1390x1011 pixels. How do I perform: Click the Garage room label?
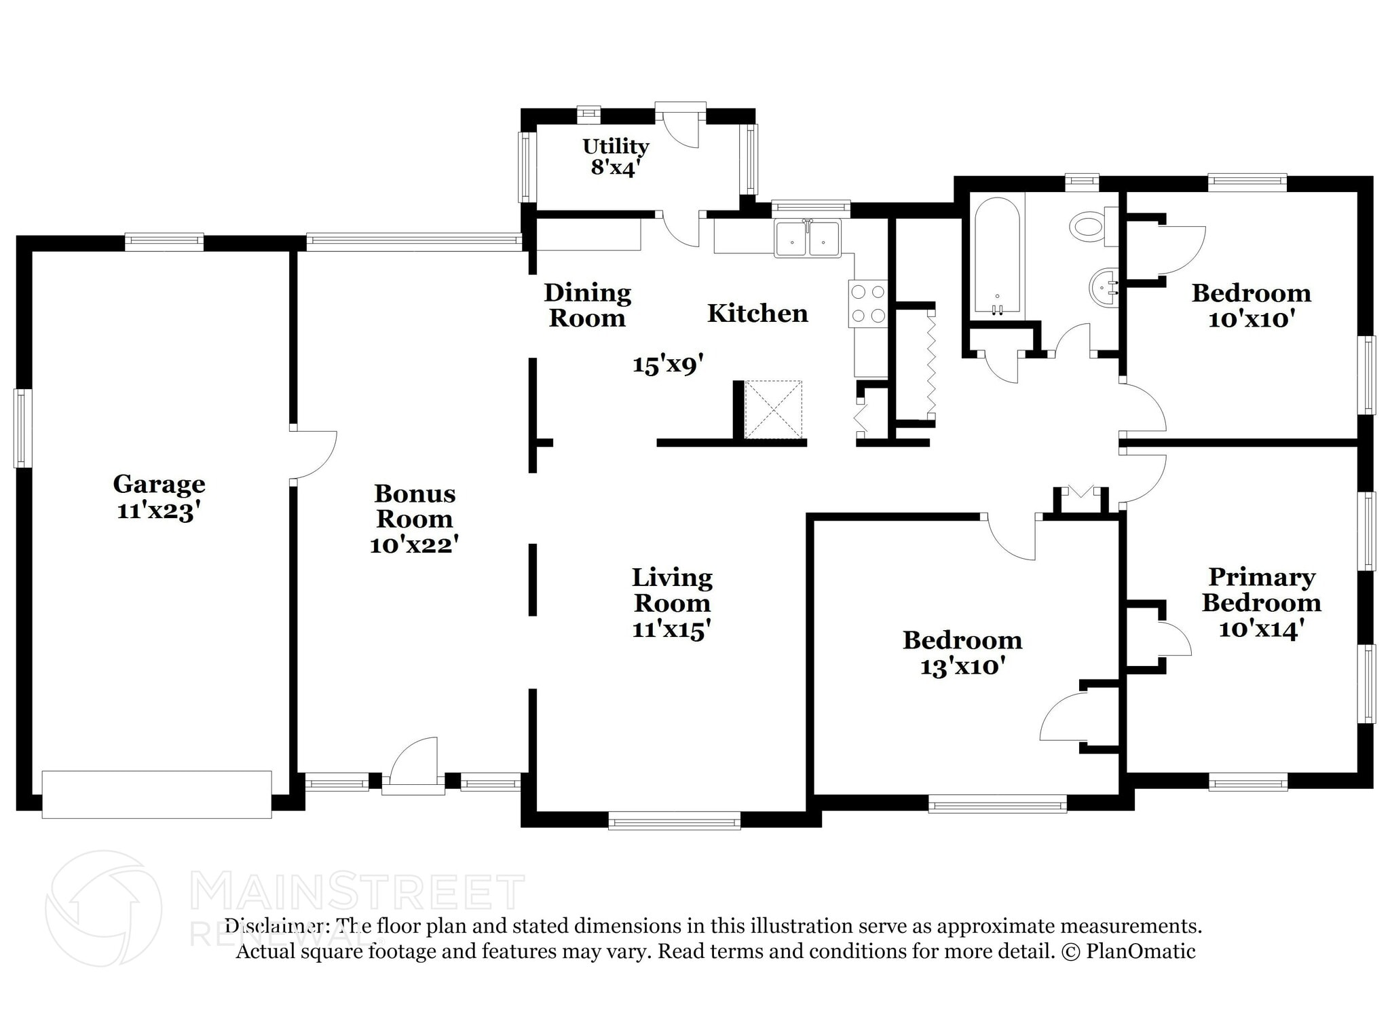(159, 484)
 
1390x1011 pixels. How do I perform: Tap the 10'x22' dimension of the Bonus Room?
(414, 545)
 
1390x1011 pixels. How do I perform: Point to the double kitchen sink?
(808, 238)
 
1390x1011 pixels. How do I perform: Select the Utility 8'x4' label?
(615, 157)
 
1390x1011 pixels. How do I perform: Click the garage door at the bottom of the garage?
(157, 794)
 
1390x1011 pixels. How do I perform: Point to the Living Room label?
(672, 590)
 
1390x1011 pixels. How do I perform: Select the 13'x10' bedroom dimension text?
(962, 667)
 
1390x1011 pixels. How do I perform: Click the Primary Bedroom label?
(1261, 589)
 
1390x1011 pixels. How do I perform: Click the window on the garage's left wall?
(23, 428)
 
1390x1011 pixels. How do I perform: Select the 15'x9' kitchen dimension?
(666, 365)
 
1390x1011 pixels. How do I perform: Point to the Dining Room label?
(587, 306)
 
